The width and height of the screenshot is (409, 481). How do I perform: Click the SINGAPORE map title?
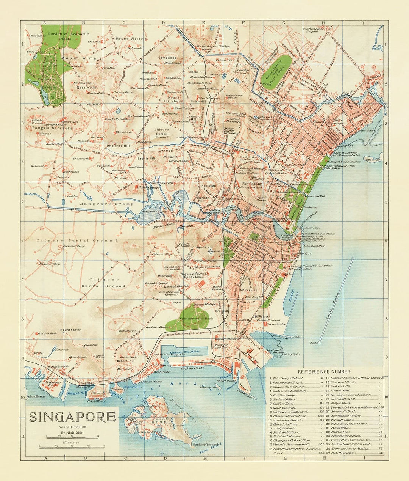tap(72, 417)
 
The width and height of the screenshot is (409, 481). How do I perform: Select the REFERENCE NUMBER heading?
tap(324, 372)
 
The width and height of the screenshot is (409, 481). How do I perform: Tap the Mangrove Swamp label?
tap(107, 204)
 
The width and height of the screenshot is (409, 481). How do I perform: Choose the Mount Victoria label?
tap(130, 39)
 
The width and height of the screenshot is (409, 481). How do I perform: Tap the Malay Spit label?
tap(291, 354)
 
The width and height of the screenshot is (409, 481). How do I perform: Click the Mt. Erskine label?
tap(247, 291)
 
